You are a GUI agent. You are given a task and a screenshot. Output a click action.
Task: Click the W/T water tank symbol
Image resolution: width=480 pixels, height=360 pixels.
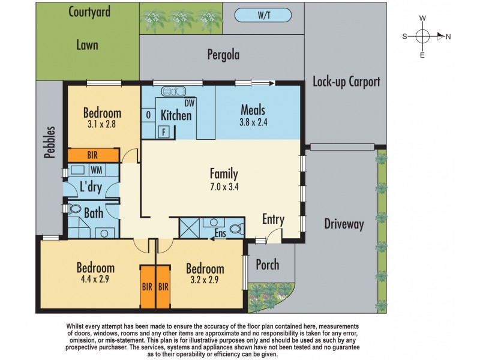pos(263,16)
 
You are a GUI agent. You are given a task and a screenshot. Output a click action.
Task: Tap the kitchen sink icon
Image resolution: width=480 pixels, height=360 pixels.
pos(173,91)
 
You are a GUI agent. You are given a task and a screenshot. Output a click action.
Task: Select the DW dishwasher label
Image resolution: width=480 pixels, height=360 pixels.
pos(190,103)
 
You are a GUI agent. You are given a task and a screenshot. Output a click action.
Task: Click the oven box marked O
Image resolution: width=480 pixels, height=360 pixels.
pos(148,115)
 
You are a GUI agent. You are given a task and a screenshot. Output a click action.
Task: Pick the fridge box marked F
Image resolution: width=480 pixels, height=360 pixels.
pos(164,132)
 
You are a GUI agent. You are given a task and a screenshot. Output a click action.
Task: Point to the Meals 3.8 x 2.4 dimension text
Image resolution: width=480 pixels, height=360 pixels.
pos(253,122)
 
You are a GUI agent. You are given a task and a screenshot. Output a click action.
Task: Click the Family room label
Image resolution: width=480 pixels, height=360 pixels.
pos(224,174)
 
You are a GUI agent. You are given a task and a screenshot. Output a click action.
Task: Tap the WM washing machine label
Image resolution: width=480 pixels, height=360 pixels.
pos(97,170)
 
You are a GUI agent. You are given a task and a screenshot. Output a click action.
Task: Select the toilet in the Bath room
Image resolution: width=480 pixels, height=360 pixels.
pos(74,209)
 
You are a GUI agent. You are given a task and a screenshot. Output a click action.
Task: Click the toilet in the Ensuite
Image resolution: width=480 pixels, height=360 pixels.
pos(236,229)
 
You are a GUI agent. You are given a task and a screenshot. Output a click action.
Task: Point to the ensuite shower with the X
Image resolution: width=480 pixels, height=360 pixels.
pos(189,228)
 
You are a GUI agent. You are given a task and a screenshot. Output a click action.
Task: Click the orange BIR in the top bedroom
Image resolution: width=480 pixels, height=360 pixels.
pos(93,155)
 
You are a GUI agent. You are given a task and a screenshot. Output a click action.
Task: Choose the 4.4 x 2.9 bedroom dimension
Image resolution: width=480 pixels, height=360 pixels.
pos(95,279)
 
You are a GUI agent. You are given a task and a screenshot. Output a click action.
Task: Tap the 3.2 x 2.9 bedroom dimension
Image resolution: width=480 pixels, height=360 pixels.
pos(205,280)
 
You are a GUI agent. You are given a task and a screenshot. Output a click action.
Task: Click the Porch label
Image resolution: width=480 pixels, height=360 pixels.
pos(268,265)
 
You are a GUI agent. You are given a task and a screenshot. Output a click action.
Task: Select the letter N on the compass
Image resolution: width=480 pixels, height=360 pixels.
pos(448,37)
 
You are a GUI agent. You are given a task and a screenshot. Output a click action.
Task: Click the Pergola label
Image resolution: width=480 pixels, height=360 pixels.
pos(223,55)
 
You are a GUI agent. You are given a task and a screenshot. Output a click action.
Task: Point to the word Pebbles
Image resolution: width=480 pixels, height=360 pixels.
pos(50,142)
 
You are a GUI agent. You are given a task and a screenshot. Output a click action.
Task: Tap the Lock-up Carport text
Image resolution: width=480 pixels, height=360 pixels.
pos(346,82)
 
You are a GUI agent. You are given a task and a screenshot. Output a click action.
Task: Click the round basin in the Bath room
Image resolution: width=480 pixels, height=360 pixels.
pos(104,233)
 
